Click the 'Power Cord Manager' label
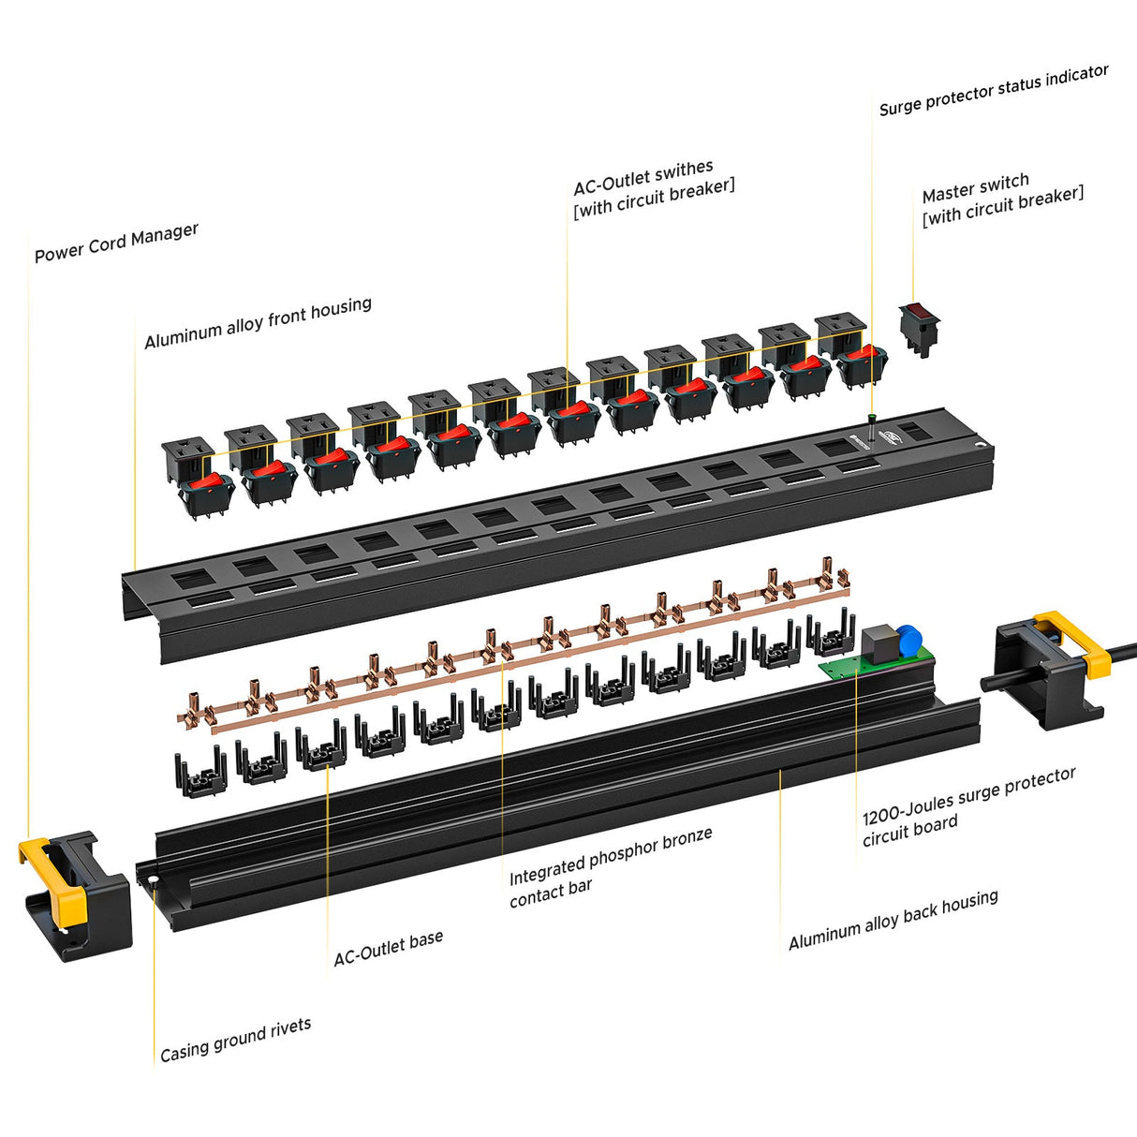[x=116, y=243]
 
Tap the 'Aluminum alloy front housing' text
[x=258, y=322]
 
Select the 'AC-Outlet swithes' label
[x=643, y=177]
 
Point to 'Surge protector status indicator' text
[x=993, y=91]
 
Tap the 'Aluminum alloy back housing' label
[x=893, y=921]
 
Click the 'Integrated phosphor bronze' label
[x=611, y=856]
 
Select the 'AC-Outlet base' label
[x=388, y=948]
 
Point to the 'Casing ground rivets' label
[x=235, y=1040]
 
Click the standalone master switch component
[x=919, y=328]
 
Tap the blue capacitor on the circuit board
[x=908, y=642]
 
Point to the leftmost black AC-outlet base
[x=200, y=774]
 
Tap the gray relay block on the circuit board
[x=879, y=644]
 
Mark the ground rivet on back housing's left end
[x=148, y=879]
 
